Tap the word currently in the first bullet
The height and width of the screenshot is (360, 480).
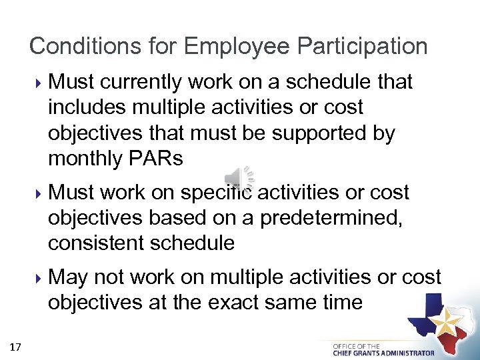point(143,82)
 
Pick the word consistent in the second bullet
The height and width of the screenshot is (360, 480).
point(94,243)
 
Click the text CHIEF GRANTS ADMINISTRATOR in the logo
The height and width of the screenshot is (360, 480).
point(383,353)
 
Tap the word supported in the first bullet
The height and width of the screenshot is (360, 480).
point(313,133)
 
